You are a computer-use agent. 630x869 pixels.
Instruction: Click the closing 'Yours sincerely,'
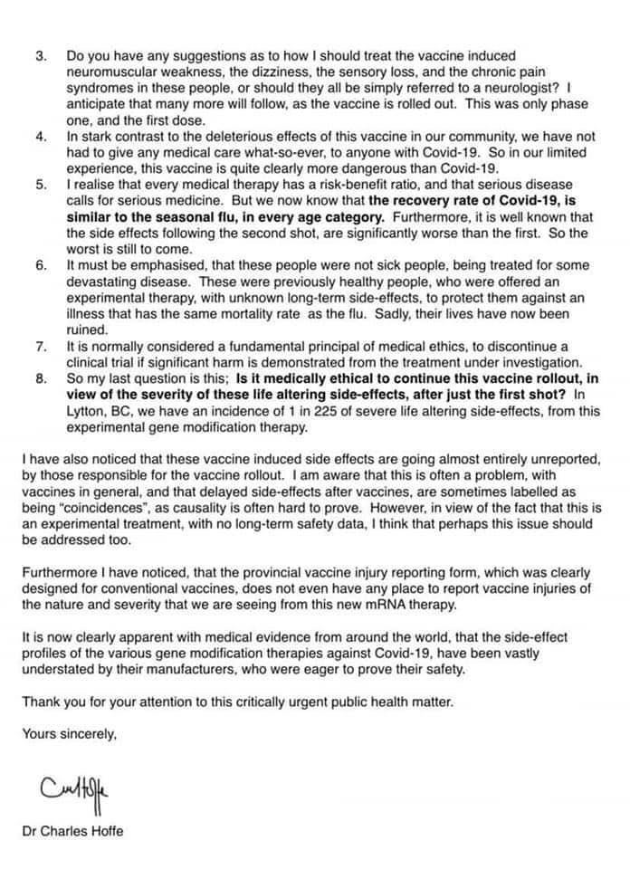pos(70,735)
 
